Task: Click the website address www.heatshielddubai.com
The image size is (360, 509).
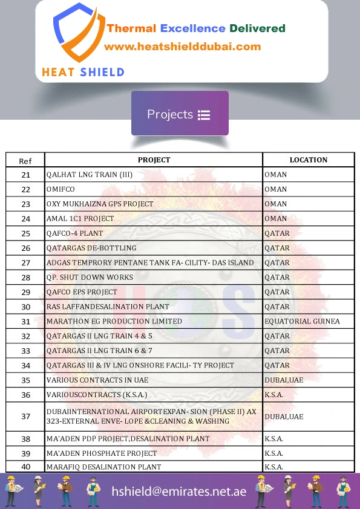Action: pyautogui.click(x=182, y=47)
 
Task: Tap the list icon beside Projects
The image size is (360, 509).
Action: pyautogui.click(x=204, y=115)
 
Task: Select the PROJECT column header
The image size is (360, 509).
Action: pyautogui.click(x=154, y=160)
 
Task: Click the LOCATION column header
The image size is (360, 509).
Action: pyautogui.click(x=308, y=160)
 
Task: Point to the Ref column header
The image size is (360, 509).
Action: pyautogui.click(x=25, y=161)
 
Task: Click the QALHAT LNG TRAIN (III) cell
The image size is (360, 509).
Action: pyautogui.click(x=90, y=175)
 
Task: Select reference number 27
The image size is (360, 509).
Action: pyautogui.click(x=25, y=263)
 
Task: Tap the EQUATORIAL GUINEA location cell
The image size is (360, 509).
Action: pyautogui.click(x=302, y=322)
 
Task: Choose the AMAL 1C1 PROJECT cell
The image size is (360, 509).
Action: pyautogui.click(x=80, y=219)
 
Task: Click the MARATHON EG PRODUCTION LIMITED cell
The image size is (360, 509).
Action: pyautogui.click(x=114, y=322)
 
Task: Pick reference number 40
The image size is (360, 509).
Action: pyautogui.click(x=25, y=467)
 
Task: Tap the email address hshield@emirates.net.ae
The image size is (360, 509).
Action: pyautogui.click(x=179, y=491)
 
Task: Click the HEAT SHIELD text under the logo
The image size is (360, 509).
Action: pyautogui.click(x=83, y=73)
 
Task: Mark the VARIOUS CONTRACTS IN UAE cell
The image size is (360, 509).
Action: pyautogui.click(x=97, y=380)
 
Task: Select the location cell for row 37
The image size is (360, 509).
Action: pyautogui.click(x=284, y=417)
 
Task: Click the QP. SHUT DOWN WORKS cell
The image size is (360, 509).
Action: pyautogui.click(x=90, y=277)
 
